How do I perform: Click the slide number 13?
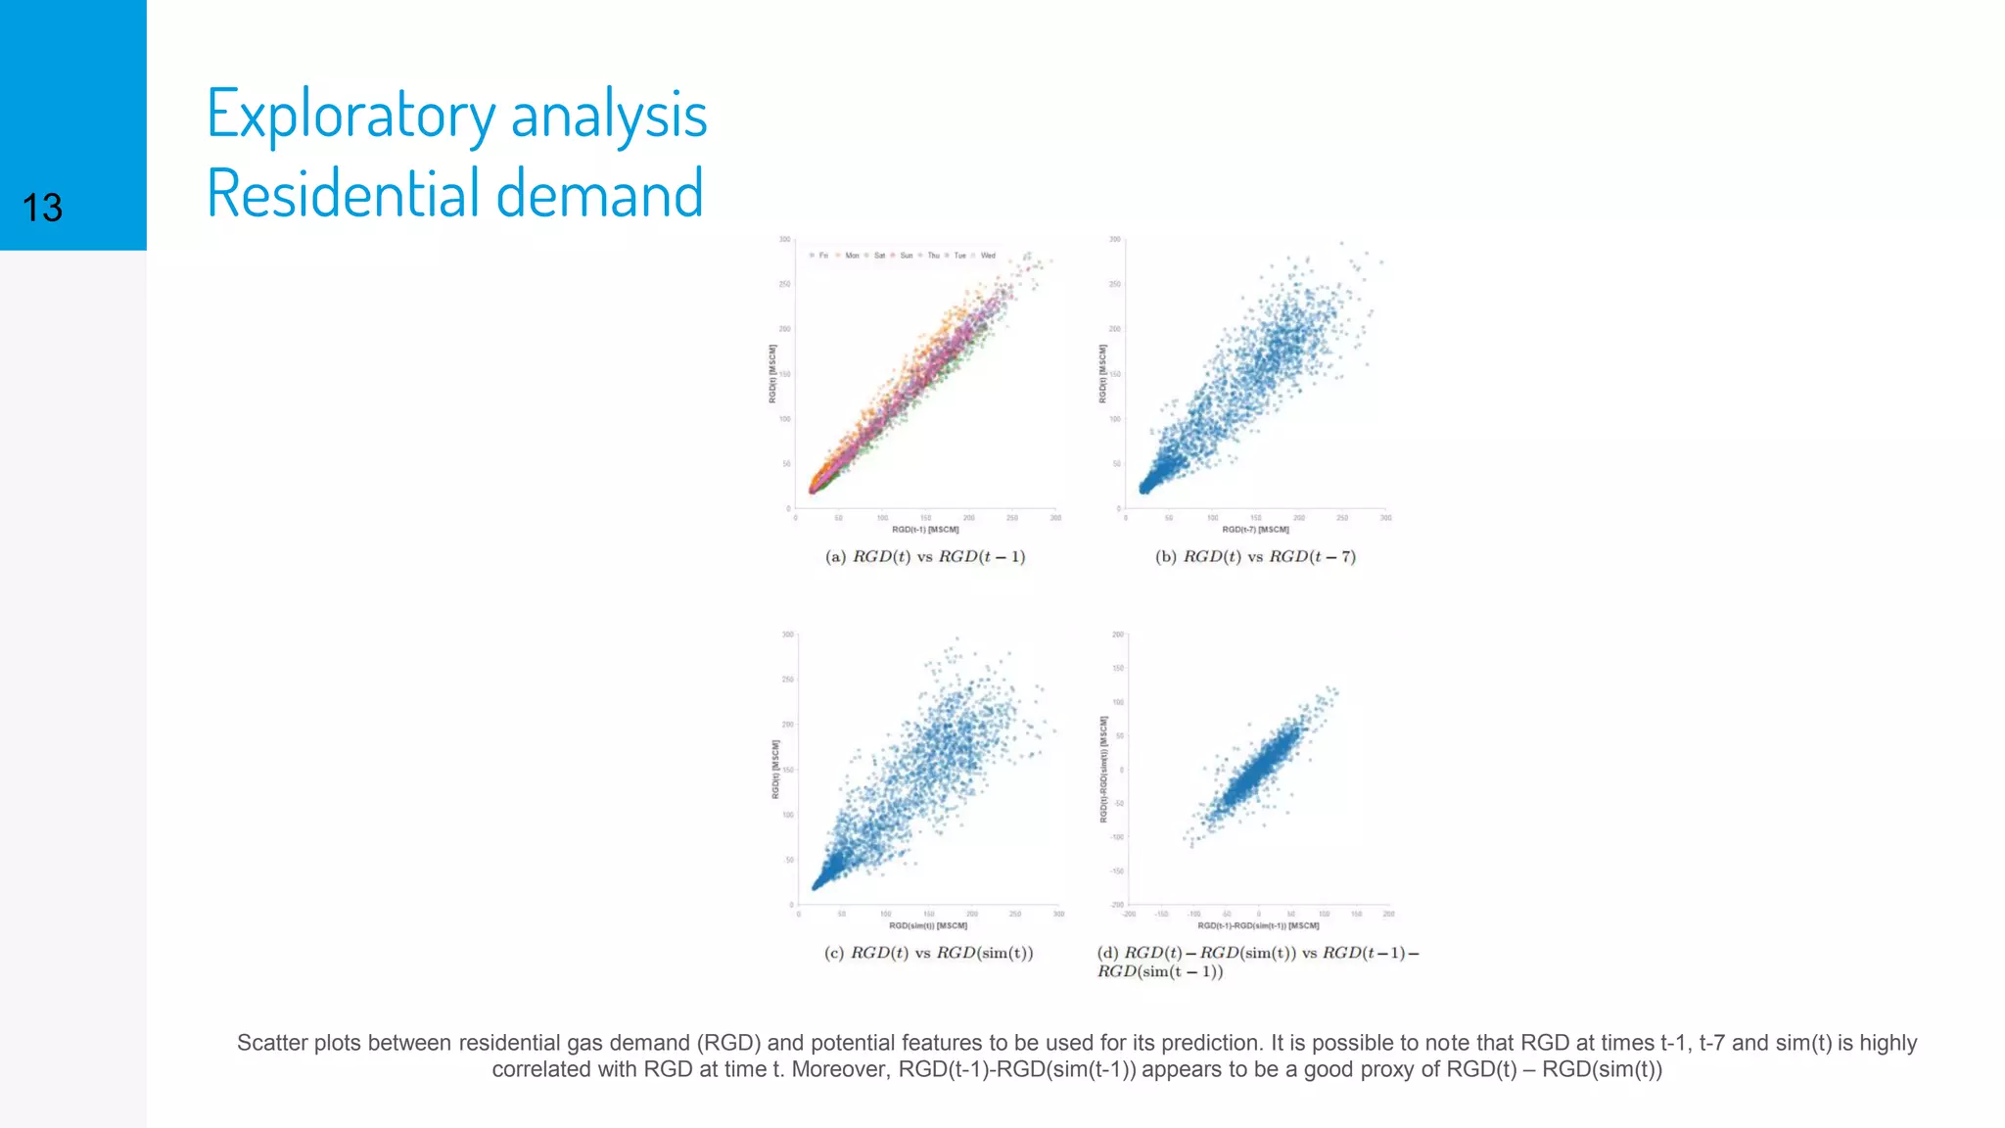coord(42,208)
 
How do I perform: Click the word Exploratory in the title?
coord(350,116)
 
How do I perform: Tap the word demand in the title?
coord(599,193)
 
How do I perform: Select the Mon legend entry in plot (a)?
coord(851,256)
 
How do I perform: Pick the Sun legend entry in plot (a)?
coord(906,256)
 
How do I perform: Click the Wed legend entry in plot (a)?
coord(987,256)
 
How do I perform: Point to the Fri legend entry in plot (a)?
coord(822,256)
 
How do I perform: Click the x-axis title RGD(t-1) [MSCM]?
coord(925,530)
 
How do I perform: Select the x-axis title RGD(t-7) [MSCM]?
coord(1255,530)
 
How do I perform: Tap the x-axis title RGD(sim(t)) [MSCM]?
coord(927,925)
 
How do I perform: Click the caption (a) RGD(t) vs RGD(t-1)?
coord(925,556)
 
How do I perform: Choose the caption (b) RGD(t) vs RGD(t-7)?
coord(1255,556)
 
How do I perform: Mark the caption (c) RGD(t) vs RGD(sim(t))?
coord(928,953)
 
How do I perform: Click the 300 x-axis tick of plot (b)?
coord(1385,518)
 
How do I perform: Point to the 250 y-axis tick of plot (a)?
coord(784,284)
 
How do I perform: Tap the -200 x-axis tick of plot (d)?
coord(1129,914)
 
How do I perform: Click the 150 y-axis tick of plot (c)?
coord(787,770)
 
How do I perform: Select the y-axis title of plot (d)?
coord(1103,769)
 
